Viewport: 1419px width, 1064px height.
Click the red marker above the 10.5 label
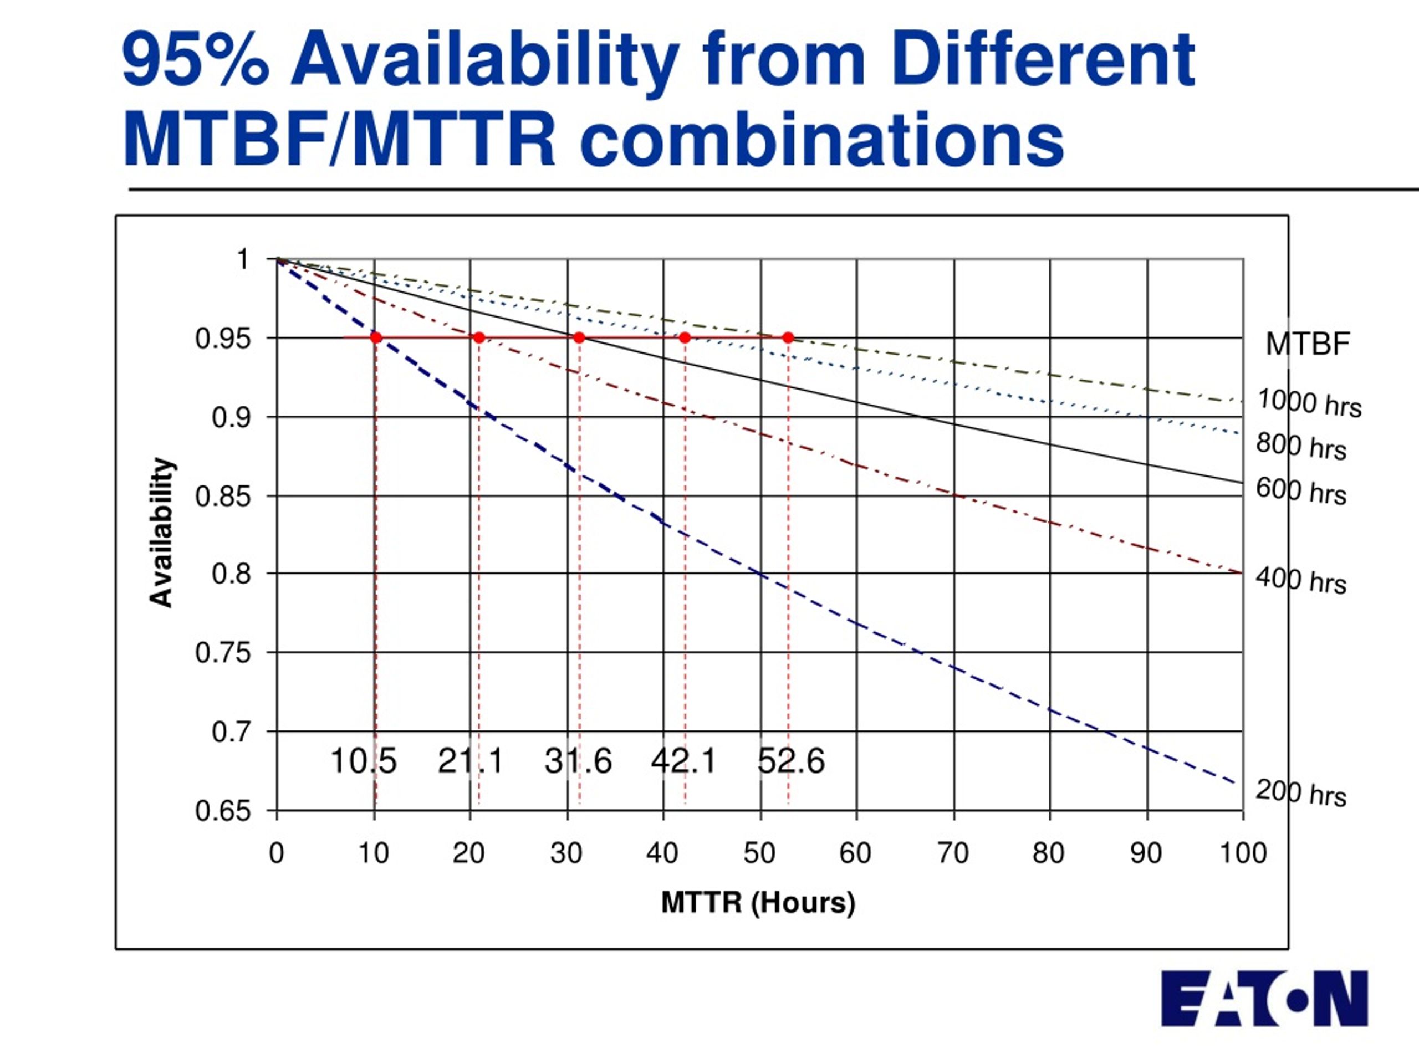pyautogui.click(x=376, y=337)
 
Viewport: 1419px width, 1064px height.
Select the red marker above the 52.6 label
pyautogui.click(x=788, y=337)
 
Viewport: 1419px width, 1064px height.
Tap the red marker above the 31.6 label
pyautogui.click(x=579, y=337)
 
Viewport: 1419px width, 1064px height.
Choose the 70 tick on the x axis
pyautogui.click(x=953, y=853)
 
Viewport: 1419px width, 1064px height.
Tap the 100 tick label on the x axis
pyautogui.click(x=1243, y=853)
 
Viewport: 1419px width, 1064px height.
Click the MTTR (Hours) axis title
pyautogui.click(x=758, y=903)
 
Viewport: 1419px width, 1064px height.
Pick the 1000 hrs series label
pyautogui.click(x=1309, y=403)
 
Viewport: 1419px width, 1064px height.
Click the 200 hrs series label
pyautogui.click(x=1301, y=794)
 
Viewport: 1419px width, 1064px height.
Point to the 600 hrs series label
pyautogui.click(x=1301, y=492)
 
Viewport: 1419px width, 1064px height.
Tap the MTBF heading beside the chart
pyautogui.click(x=1308, y=344)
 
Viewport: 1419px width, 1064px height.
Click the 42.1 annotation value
pyautogui.click(x=683, y=762)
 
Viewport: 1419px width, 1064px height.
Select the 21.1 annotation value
pyautogui.click(x=470, y=762)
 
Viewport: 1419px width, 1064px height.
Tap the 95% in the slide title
pyautogui.click(x=195, y=60)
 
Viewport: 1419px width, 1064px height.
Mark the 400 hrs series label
pyautogui.click(x=1301, y=580)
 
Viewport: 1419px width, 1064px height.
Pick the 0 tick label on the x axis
pyautogui.click(x=277, y=853)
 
